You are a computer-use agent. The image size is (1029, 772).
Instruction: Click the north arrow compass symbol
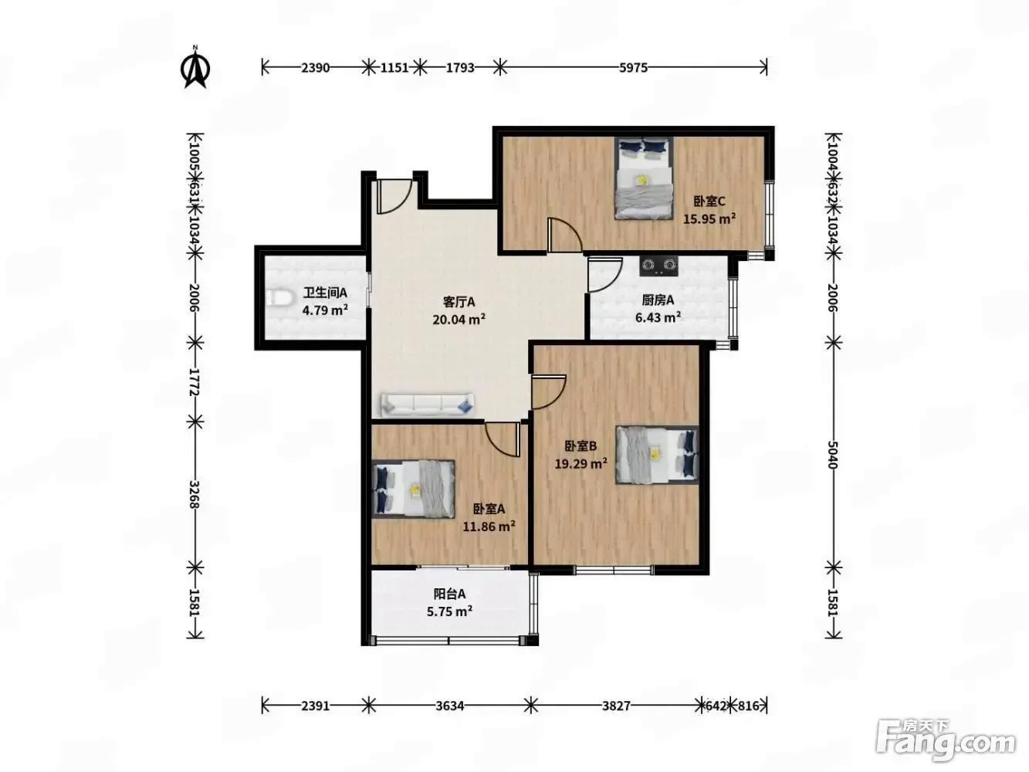pos(195,67)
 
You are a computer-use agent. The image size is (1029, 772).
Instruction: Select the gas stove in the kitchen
pos(658,266)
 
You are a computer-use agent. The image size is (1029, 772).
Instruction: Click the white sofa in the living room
pos(428,405)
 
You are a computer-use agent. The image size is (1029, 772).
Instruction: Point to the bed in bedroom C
pos(644,178)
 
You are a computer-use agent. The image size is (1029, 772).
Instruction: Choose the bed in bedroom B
pos(657,454)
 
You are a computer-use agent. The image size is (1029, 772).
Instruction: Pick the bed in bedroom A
pos(414,489)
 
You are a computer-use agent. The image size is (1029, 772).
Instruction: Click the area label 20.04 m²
pos(459,320)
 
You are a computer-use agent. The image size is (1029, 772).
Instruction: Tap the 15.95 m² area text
pos(709,219)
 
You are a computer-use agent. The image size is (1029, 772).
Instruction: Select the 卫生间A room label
pos(325,293)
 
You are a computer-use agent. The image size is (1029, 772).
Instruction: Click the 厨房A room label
pos(658,300)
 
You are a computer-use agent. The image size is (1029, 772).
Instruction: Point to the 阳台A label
pos(449,594)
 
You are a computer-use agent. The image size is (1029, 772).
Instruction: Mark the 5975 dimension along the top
pos(633,68)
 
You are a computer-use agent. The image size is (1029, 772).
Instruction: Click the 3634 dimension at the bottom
pos(449,706)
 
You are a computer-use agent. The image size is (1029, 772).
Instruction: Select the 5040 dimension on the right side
pos(833,455)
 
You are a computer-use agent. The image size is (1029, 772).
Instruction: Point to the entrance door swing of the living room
pos(394,196)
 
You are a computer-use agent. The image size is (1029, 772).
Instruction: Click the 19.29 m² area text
pos(581,464)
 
